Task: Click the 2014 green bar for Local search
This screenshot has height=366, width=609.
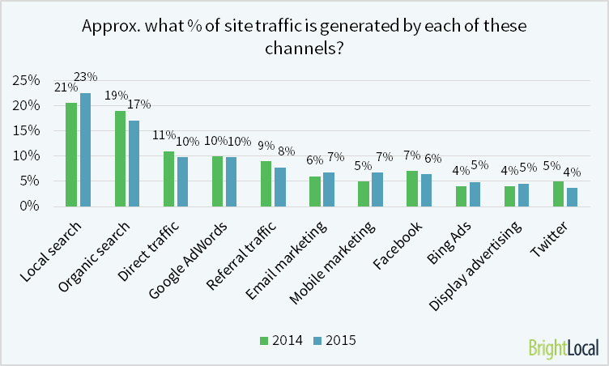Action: tap(71, 155)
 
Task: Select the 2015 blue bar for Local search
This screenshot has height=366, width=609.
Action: tap(85, 150)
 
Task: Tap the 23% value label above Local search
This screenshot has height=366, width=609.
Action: tap(86, 77)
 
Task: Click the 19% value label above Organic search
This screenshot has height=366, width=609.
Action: tap(115, 96)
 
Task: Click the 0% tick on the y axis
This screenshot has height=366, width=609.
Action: tap(29, 206)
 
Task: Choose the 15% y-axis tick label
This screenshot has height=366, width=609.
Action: tap(26, 130)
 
